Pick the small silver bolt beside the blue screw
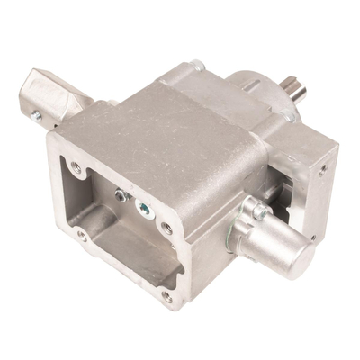(121, 193)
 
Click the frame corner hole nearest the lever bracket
(76, 167)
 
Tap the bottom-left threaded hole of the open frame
(82, 236)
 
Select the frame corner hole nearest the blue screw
(167, 228)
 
